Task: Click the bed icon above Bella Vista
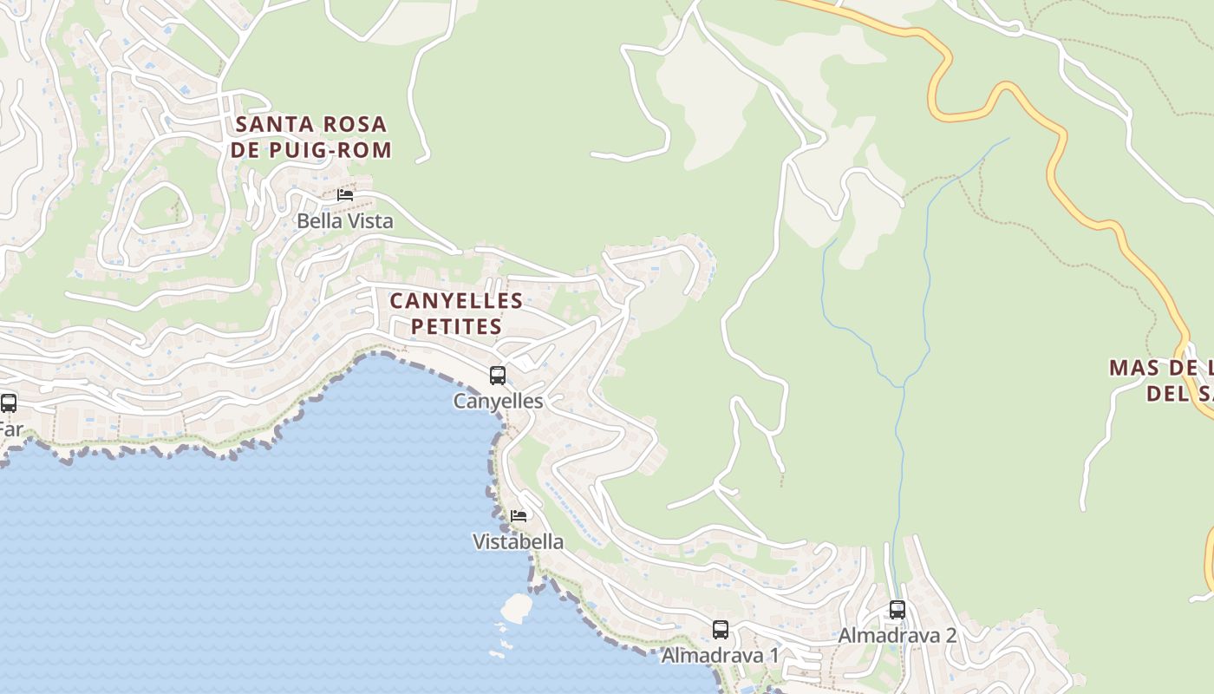[x=345, y=195]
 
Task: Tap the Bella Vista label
[x=345, y=221]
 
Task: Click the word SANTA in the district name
[x=268, y=125]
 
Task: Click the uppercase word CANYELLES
[x=456, y=301]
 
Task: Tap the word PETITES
[x=456, y=327]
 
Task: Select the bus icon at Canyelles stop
[x=498, y=376]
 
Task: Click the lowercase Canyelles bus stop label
[x=499, y=401]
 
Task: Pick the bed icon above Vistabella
[x=519, y=515]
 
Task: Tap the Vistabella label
[x=518, y=542]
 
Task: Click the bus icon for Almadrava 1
[x=721, y=630]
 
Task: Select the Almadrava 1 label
[x=721, y=655]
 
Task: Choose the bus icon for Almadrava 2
[x=897, y=610]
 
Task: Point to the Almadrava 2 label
[x=897, y=635]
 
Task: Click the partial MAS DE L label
[x=1160, y=367]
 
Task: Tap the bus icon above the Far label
[x=9, y=403]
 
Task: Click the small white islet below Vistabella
[x=517, y=607]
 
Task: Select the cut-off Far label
[x=10, y=429]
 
